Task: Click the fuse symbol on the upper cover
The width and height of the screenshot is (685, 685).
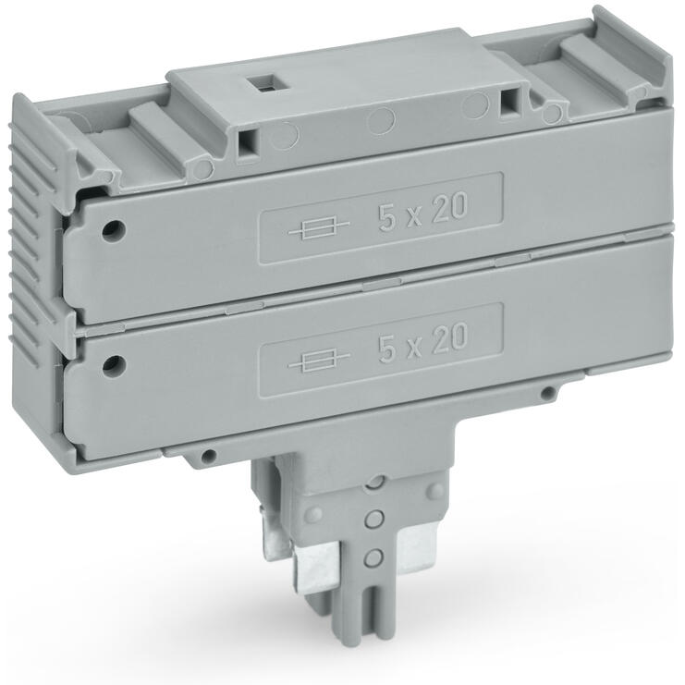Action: point(319,228)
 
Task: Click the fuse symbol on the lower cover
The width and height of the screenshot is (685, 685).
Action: point(319,359)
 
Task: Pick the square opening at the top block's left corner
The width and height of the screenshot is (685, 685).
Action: point(247,141)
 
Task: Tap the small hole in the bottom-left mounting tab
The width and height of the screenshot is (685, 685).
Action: point(210,456)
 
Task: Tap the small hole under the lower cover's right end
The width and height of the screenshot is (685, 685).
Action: point(547,394)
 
